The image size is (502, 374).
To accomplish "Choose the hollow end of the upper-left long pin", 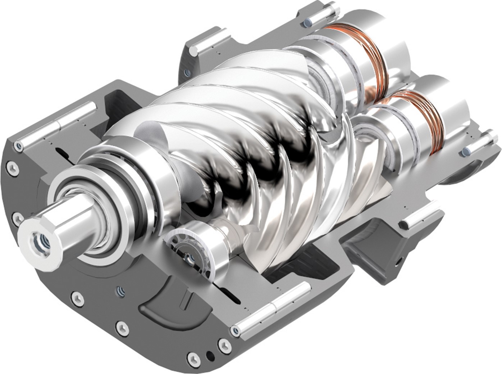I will point(19,146).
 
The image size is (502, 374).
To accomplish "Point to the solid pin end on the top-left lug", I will point(195,52).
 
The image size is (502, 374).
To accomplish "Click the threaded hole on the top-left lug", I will point(187,73).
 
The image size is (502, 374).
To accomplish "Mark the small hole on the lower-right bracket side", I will point(398,259).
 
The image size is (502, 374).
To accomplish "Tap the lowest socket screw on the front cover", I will point(195,359).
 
